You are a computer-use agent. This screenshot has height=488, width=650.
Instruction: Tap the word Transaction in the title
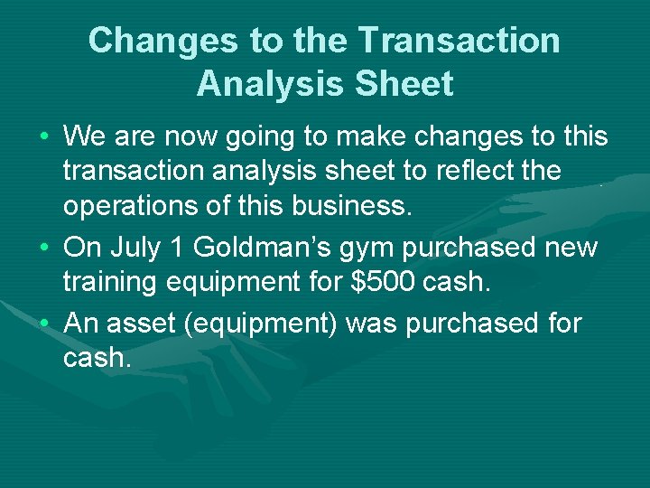click(x=459, y=41)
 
